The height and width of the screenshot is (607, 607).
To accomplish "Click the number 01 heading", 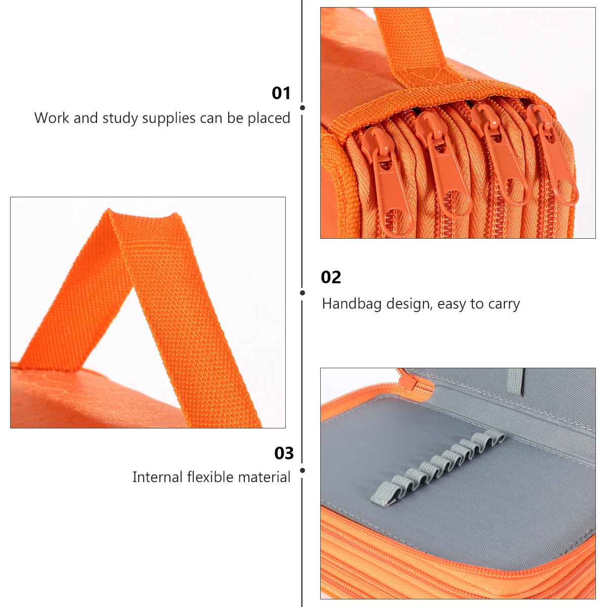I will click(281, 93).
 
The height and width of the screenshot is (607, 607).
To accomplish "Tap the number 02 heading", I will click(331, 277).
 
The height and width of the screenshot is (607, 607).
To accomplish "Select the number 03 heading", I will click(284, 453).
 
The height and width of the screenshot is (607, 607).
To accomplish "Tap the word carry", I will click(504, 304).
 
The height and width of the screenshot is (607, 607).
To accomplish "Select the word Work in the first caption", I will click(52, 118).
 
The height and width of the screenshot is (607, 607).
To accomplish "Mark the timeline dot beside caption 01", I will click(302, 108).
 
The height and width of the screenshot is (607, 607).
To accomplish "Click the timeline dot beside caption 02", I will click(302, 293).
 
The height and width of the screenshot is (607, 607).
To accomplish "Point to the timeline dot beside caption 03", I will click(302, 470).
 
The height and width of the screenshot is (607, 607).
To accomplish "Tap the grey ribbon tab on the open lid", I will click(515, 382).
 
